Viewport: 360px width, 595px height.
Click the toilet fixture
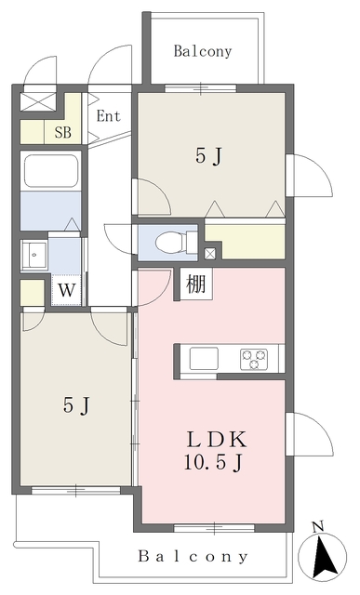click(x=177, y=242)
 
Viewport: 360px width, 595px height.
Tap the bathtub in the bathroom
click(x=51, y=170)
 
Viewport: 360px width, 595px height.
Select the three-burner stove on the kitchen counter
click(x=254, y=359)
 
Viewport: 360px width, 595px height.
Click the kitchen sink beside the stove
click(x=204, y=358)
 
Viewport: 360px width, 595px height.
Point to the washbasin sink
click(x=34, y=255)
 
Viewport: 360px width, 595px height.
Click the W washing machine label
click(x=67, y=291)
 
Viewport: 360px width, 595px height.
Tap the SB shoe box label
click(x=62, y=132)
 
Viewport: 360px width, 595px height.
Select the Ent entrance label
click(x=108, y=115)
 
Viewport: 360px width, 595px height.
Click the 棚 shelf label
click(x=196, y=284)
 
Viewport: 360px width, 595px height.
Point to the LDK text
click(x=217, y=440)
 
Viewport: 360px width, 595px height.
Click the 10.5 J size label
click(x=213, y=463)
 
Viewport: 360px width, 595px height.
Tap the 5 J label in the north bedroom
click(x=208, y=156)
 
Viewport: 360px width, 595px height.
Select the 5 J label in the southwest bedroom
click(x=76, y=405)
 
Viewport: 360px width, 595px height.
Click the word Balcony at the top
click(x=203, y=52)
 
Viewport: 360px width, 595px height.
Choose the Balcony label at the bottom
click(x=193, y=556)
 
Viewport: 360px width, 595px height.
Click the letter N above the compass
click(x=317, y=526)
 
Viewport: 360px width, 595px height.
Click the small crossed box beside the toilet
click(x=210, y=254)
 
